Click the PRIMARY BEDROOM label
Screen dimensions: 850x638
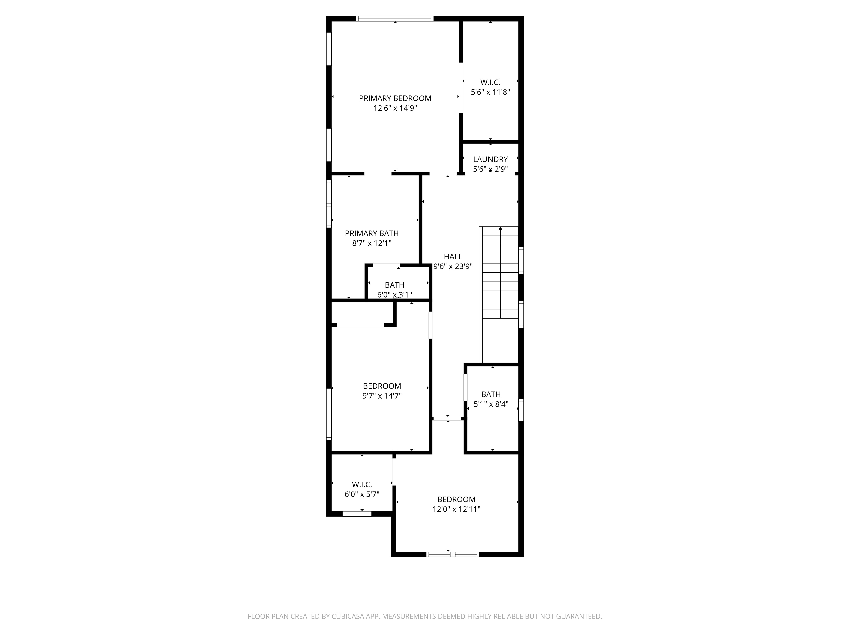(x=395, y=98)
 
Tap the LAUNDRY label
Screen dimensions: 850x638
(x=490, y=159)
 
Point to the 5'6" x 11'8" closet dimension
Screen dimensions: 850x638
(x=490, y=92)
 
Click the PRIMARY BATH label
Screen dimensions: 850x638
(x=372, y=234)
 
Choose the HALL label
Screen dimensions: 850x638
(x=453, y=256)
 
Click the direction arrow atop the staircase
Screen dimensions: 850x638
(x=500, y=229)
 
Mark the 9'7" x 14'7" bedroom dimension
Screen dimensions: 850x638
(x=382, y=396)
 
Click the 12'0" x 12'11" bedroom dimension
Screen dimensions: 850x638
(x=456, y=509)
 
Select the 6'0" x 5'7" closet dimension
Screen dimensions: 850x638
(x=362, y=494)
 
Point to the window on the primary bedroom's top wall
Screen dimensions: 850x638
(x=395, y=19)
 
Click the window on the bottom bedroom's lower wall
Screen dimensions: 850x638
(x=453, y=554)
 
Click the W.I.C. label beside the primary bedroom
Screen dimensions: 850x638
(x=490, y=82)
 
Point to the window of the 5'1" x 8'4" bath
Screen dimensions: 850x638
(x=521, y=410)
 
